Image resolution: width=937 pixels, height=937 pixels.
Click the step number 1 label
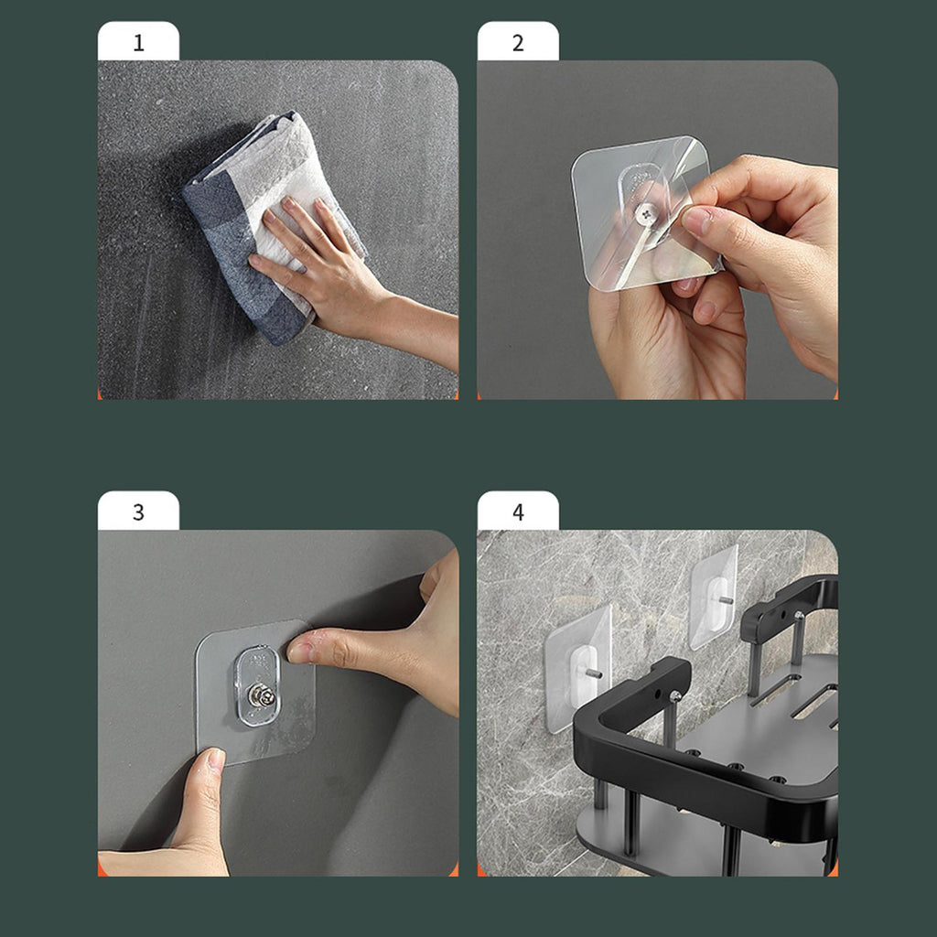pyautogui.click(x=139, y=43)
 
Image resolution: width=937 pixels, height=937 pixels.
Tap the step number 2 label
pyautogui.click(x=518, y=43)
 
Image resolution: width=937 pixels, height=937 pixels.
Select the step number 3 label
pyautogui.click(x=139, y=512)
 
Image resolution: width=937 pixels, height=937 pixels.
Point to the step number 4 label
pyautogui.click(x=518, y=512)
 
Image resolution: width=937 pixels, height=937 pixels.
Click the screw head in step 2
pyautogui.click(x=645, y=213)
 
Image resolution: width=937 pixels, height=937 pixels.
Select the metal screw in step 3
pyautogui.click(x=261, y=695)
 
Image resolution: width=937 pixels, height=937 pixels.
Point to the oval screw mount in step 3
pyautogui.click(x=257, y=685)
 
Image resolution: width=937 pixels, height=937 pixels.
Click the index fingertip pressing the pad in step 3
pyautogui.click(x=299, y=651)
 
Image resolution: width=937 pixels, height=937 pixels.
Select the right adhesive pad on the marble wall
pyautogui.click(x=714, y=597)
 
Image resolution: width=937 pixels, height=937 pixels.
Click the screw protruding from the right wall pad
pyautogui.click(x=725, y=599)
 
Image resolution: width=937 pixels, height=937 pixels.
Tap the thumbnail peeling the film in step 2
pyautogui.click(x=696, y=220)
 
